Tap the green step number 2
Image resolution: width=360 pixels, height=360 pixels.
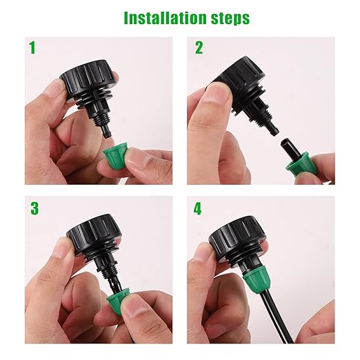(199, 48)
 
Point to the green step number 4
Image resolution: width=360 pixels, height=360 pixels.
(198, 208)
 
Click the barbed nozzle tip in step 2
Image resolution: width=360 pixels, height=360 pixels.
(273, 126)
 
